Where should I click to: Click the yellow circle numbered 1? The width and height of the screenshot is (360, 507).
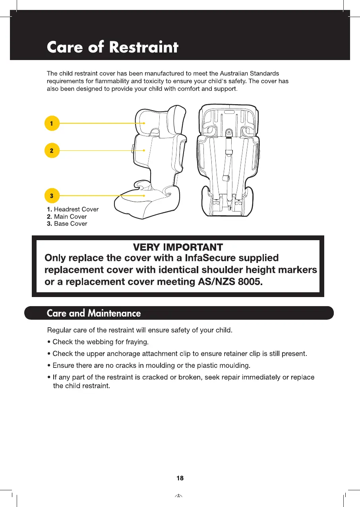point(52,123)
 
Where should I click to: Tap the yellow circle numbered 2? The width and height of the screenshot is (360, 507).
point(52,151)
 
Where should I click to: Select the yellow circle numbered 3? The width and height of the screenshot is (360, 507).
point(52,196)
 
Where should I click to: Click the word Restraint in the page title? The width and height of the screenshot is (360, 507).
point(144,48)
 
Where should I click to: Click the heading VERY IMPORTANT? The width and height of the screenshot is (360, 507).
point(178,247)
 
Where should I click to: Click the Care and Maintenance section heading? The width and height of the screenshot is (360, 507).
point(94,313)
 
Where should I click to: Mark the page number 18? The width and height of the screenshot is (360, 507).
point(180,478)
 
